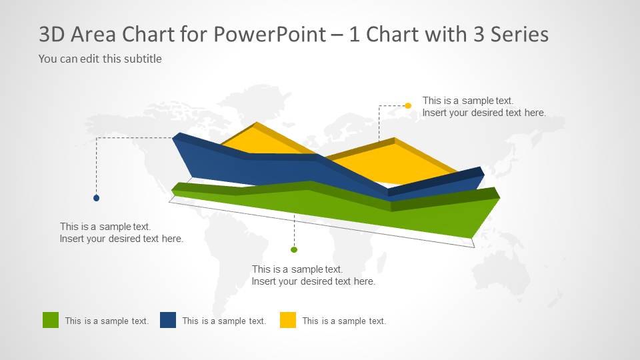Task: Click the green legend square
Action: tap(51, 320)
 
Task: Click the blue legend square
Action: tap(168, 320)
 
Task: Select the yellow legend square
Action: tap(288, 320)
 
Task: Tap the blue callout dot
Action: tap(97, 198)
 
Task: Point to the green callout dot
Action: tap(294, 249)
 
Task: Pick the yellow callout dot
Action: tap(408, 105)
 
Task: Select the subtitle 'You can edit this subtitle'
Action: tap(100, 59)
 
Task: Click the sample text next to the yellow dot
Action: tap(483, 107)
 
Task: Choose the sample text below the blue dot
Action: tap(121, 233)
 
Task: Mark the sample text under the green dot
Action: tap(313, 275)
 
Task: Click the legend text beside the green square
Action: tap(107, 321)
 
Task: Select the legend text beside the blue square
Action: tap(224, 321)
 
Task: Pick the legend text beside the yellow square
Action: tap(344, 321)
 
